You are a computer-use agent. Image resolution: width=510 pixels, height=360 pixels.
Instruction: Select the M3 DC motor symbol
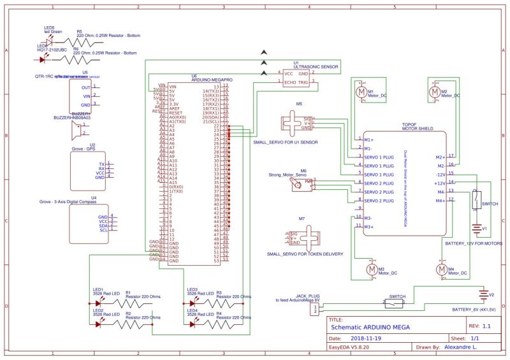point(372,270)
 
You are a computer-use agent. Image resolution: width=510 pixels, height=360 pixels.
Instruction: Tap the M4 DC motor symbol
point(441,270)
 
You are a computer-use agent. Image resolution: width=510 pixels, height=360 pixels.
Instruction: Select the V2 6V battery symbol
point(483,295)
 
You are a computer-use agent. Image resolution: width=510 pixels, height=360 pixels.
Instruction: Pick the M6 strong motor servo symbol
point(298,184)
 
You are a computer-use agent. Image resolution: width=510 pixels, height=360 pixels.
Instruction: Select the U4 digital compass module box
point(88,223)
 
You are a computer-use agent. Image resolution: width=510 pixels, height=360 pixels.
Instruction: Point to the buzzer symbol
point(78,131)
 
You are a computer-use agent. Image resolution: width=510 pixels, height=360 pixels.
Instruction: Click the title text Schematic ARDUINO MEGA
point(370,327)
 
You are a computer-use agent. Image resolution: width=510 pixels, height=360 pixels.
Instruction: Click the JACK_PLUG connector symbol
point(314,309)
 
